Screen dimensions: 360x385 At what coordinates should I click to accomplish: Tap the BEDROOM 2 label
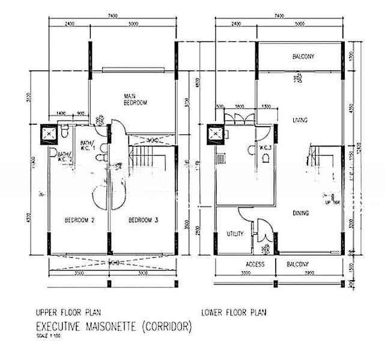coord(80,220)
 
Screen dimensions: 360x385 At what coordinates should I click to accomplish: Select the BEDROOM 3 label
coord(144,220)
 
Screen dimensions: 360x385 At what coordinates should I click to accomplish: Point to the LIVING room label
coord(300,120)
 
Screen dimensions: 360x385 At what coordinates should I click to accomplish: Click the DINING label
coord(301,213)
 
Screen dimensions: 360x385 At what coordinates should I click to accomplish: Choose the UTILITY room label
coord(235,233)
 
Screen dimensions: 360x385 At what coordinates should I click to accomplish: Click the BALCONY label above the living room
coord(303,57)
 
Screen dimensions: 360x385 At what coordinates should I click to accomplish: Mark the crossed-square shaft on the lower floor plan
coord(214,133)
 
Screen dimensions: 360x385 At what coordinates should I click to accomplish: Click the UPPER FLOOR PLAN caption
coord(68,312)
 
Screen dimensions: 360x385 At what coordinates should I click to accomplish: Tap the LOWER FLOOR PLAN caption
coord(234,312)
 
